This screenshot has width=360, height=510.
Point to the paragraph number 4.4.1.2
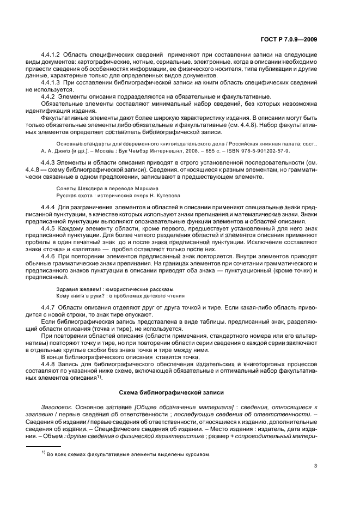coord(52,56)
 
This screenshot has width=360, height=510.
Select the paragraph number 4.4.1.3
coord(52,82)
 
